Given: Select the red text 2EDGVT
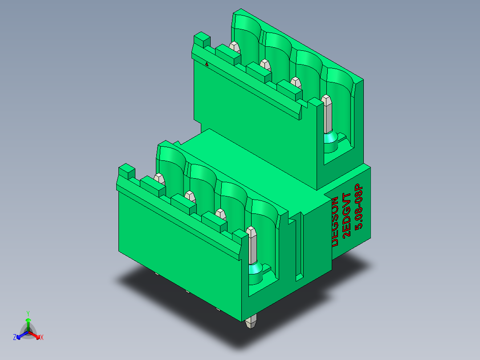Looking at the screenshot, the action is click(x=346, y=215).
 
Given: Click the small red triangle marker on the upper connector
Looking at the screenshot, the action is click(x=207, y=64).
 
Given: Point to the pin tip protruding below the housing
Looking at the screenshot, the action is click(x=251, y=322).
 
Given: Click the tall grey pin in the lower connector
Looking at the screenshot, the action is click(x=252, y=245).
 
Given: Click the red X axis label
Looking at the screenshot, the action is click(x=42, y=337).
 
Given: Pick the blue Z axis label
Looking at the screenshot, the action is click(x=15, y=337).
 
